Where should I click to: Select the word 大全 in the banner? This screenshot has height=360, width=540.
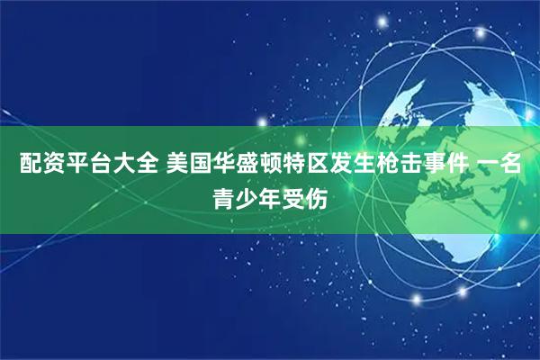(132, 165)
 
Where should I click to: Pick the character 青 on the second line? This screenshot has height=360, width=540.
(221, 195)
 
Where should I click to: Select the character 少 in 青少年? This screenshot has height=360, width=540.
(247, 195)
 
